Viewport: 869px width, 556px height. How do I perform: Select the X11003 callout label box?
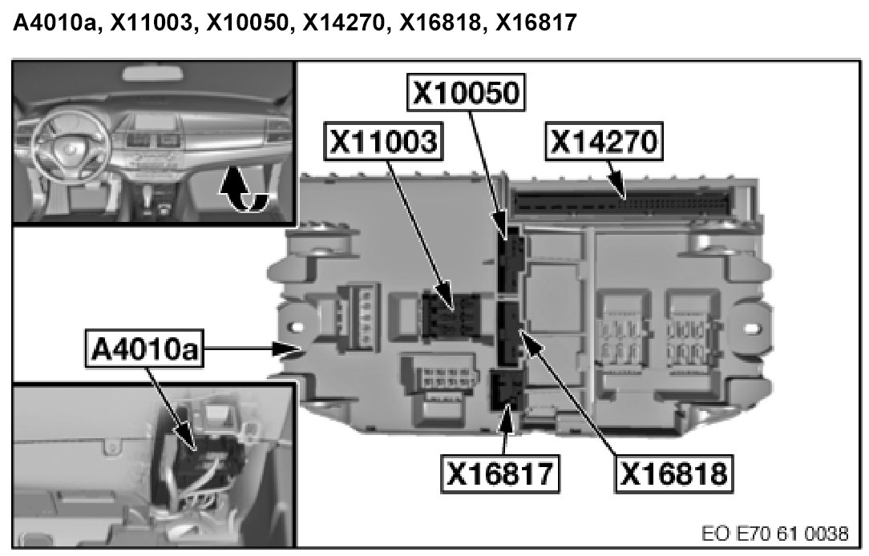(x=384, y=142)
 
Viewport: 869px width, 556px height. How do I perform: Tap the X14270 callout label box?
(x=603, y=142)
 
